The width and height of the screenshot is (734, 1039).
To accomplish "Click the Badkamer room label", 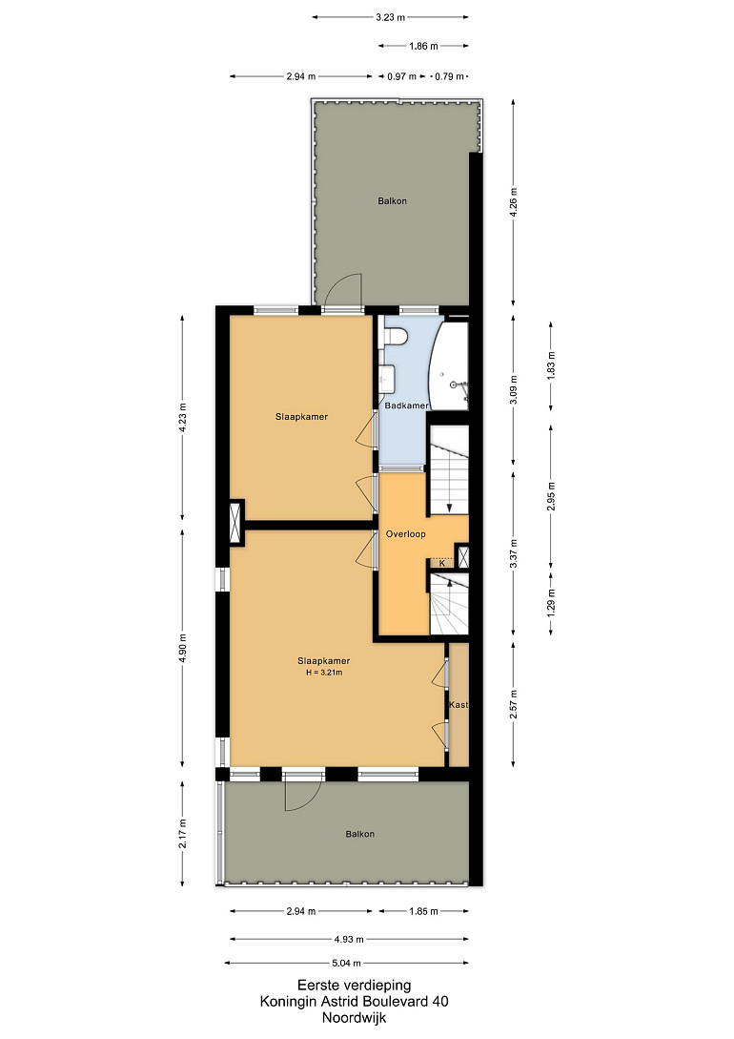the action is tap(406, 405).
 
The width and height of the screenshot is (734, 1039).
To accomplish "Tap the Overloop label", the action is tap(406, 534).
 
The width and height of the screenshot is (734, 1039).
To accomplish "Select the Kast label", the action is tap(458, 704).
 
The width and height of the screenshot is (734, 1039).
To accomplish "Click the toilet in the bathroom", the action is tap(397, 337).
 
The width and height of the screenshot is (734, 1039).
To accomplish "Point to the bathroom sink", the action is tap(388, 379).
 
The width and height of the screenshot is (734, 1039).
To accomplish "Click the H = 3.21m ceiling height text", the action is tap(324, 673).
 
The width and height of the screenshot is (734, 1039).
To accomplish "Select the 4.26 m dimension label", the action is tap(514, 199).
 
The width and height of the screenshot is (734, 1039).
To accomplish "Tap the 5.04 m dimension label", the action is tap(346, 963).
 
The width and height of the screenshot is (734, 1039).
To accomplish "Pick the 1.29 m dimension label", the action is tap(551, 603).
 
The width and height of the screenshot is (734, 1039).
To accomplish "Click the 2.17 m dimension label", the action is tap(183, 833).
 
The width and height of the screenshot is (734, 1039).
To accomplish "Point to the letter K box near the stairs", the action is tap(442, 563).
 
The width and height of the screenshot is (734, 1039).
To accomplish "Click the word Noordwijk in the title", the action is tap(354, 1018).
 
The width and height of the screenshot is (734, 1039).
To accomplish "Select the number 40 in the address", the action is tap(440, 1001).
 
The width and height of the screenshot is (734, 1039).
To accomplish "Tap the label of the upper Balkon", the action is tap(392, 200).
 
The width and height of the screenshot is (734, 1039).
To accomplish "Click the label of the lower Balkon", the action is tap(360, 834).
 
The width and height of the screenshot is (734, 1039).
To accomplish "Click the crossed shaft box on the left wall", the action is tap(236, 522).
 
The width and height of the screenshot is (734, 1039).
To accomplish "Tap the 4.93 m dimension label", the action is tap(350, 939).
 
